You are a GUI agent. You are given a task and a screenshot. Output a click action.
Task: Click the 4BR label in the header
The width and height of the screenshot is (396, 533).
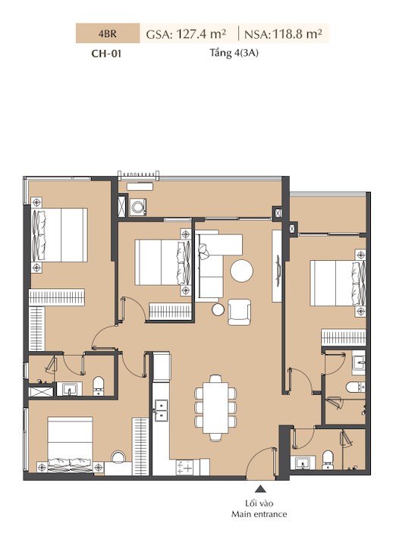click(108, 33)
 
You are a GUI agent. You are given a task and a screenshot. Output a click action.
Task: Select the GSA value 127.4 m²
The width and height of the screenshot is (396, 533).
click(201, 34)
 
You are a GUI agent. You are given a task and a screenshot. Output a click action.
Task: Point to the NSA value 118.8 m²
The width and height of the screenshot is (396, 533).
click(297, 34)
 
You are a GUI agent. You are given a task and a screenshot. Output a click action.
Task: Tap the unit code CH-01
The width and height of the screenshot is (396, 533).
click(106, 54)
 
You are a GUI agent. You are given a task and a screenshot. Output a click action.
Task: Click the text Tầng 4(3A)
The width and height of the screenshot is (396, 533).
click(234, 53)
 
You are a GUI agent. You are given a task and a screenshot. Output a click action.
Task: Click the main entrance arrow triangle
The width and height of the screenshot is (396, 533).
click(261, 489)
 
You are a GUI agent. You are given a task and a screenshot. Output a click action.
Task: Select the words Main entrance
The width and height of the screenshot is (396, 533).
click(259, 514)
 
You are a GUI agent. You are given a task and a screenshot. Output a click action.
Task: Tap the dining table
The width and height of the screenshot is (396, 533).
click(215, 408)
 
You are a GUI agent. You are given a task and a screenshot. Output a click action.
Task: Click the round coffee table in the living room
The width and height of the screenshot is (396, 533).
click(241, 271)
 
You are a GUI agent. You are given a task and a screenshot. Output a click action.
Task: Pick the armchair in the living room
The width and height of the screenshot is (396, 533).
click(239, 312)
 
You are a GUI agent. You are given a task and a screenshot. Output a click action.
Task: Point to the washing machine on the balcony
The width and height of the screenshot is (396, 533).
click(138, 207)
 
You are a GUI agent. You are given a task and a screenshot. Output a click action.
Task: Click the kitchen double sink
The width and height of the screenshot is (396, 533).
click(161, 410)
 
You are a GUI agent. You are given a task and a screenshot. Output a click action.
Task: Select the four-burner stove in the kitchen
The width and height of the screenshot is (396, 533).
click(184, 467)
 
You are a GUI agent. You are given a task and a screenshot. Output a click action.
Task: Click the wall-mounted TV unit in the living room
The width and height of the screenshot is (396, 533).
click(277, 266)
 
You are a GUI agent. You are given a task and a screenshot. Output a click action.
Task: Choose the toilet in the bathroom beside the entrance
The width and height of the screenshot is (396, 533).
click(328, 459)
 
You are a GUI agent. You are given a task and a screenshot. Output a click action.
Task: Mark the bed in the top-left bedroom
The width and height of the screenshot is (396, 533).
click(59, 235)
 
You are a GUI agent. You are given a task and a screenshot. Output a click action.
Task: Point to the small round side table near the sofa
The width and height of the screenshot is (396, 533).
click(218, 309)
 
